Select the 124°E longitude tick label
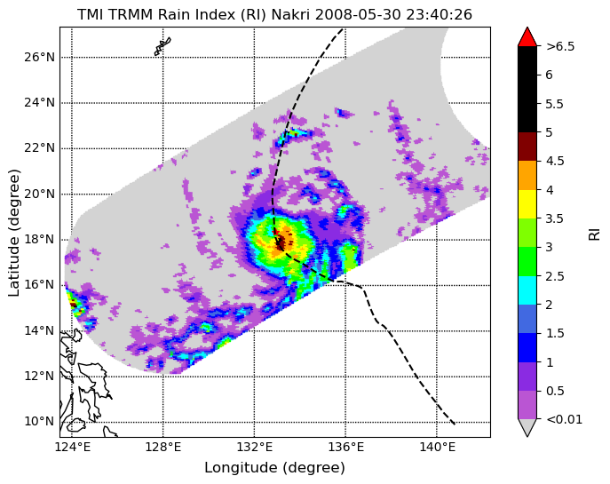72,448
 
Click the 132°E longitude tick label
255,448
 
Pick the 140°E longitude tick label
437,448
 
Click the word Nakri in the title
290,15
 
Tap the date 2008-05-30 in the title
359,15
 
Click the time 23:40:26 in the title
440,15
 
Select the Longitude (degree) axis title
274,468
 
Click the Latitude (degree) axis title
13,233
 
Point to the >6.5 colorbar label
560,47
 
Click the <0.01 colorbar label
564,419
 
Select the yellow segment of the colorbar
527,204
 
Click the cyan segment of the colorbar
527,290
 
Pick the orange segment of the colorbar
527,176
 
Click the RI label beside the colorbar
594,235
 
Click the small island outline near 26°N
162,46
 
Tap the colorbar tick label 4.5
555,161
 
